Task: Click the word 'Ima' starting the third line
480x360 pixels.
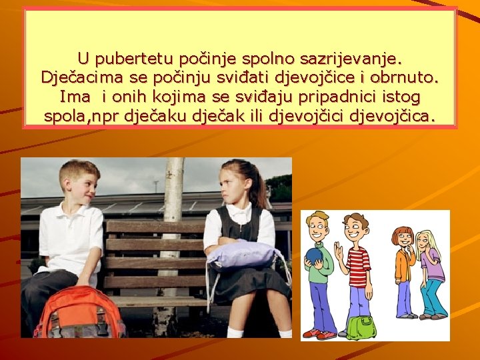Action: point(74,97)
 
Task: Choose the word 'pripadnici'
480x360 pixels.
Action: point(329,97)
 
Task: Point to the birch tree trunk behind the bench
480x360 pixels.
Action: point(173,193)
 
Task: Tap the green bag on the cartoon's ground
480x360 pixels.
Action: point(361,327)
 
